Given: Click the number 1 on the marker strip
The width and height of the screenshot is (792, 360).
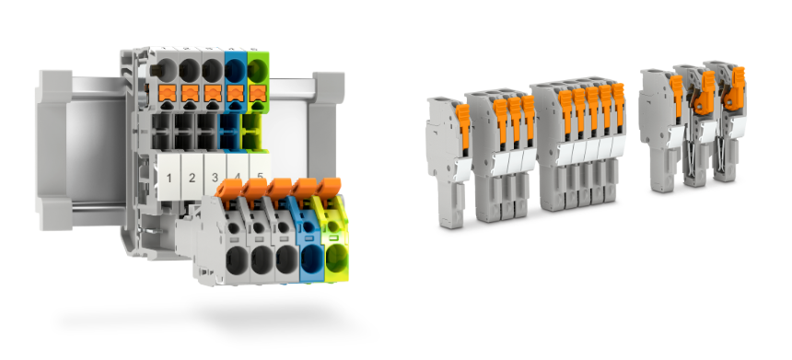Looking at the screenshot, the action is pos(169,178).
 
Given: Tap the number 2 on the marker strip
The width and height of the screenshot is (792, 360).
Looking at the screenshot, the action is pos(192,178).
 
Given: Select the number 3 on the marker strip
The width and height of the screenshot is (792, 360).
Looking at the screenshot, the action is pos(215,178).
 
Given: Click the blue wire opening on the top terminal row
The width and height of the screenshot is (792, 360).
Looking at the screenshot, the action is pos(235,71).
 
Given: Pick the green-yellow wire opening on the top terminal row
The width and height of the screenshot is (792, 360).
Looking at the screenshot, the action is pos(258,71).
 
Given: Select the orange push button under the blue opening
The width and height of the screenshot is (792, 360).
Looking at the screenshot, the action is pos(235,93).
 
